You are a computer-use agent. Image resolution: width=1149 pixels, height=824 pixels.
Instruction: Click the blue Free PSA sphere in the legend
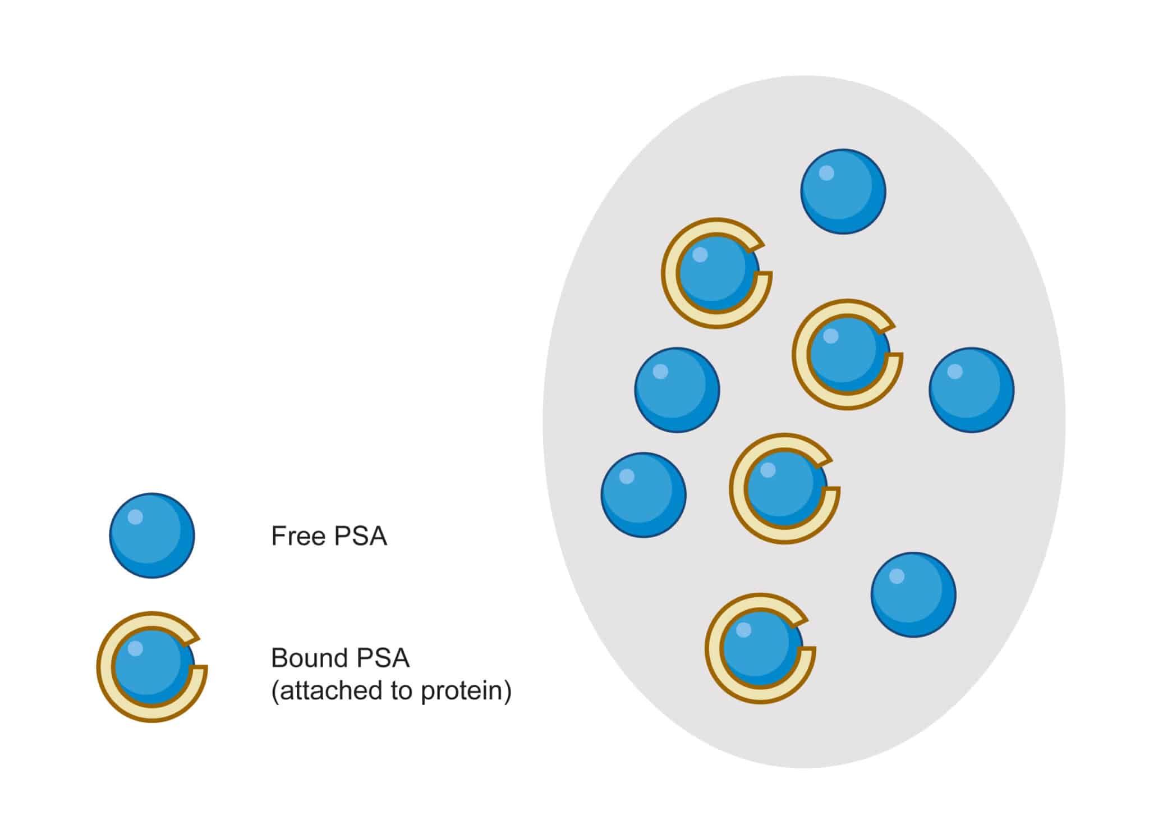(151, 535)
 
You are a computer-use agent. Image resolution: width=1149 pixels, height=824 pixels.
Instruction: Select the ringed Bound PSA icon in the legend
(151, 666)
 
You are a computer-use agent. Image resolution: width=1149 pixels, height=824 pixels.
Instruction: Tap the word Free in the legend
(298, 535)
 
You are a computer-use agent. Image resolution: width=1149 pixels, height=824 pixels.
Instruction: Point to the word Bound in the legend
(307, 658)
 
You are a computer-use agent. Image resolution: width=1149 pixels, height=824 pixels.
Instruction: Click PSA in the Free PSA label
(360, 535)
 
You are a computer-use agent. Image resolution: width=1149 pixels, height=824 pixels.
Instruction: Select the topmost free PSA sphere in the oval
(843, 191)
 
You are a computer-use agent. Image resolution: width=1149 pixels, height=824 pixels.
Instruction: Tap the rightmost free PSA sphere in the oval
(971, 390)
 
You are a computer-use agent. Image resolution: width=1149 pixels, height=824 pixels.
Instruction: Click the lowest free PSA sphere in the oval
(913, 594)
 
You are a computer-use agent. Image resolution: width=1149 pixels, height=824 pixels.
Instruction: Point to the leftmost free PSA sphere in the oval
(643, 495)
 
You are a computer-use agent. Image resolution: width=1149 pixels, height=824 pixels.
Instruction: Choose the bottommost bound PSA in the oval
(760, 648)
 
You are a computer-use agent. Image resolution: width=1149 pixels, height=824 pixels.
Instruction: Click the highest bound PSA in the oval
(716, 273)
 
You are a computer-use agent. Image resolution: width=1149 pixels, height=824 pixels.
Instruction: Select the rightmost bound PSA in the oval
(847, 354)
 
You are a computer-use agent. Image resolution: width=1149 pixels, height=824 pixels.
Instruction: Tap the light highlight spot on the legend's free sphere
(135, 516)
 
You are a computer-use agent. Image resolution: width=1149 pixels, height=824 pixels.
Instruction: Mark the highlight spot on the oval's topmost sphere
(826, 173)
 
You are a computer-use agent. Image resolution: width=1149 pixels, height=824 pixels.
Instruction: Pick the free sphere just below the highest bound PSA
(677, 390)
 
